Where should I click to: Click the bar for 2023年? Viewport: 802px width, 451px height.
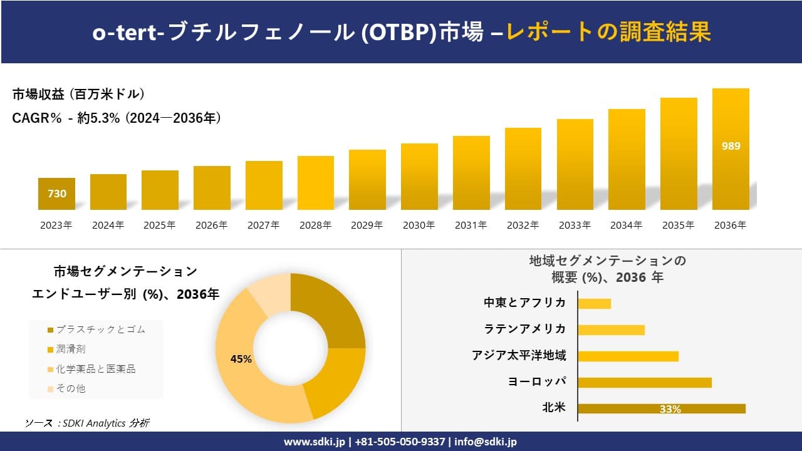click(x=56, y=194)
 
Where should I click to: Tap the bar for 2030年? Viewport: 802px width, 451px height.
click(x=419, y=177)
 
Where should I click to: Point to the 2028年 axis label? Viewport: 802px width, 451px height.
click(x=315, y=225)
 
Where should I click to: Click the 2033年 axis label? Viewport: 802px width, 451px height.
click(x=575, y=225)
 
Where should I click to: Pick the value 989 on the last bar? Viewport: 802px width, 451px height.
click(x=731, y=146)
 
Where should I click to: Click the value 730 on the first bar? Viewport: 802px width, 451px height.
click(x=57, y=194)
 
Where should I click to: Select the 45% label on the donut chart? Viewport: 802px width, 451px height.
click(x=241, y=359)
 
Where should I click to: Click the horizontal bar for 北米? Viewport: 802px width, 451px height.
click(x=661, y=408)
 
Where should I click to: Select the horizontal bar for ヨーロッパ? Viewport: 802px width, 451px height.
click(x=644, y=382)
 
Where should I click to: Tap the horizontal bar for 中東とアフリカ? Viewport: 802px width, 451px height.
click(x=594, y=303)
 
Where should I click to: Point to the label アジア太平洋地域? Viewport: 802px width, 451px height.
click(x=519, y=356)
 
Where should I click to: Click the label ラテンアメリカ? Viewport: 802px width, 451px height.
click(x=525, y=329)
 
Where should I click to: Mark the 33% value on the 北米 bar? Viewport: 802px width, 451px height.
click(x=670, y=409)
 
